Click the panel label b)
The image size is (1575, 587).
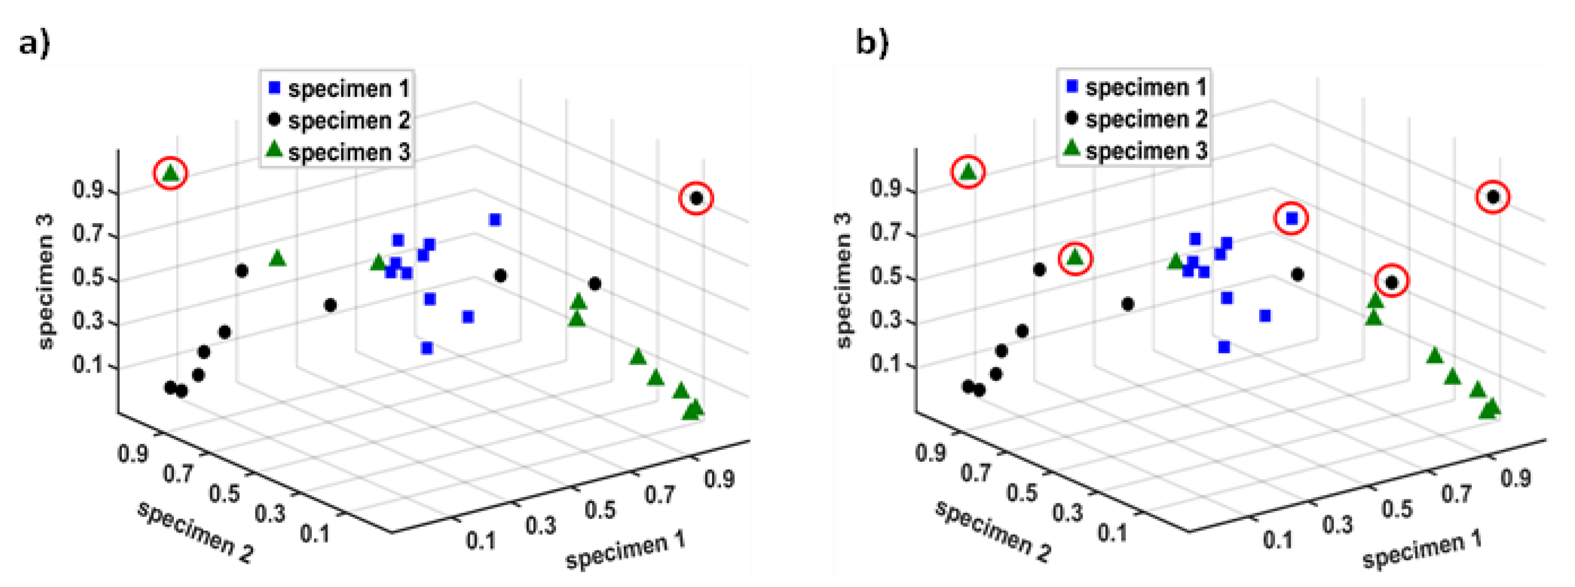871,43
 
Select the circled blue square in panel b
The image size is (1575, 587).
1291,218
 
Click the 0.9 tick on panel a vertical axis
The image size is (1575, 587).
88,190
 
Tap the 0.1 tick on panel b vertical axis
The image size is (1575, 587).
885,364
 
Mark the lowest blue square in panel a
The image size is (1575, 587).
427,348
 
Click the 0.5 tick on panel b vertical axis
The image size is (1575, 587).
885,277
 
